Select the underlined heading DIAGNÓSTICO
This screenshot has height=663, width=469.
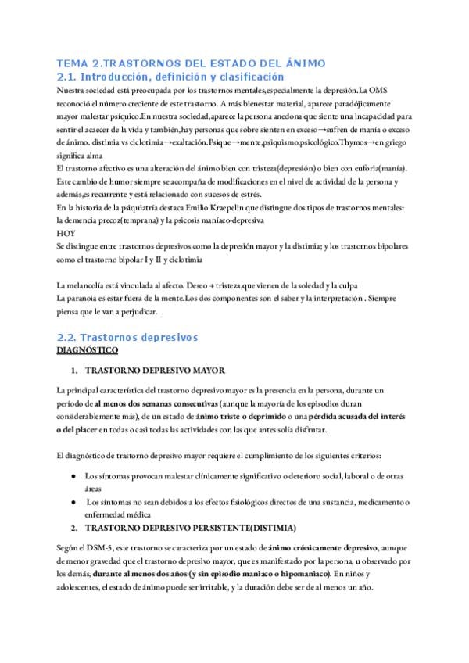click(x=89, y=352)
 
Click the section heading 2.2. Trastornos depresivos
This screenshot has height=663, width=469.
click(x=128, y=337)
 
